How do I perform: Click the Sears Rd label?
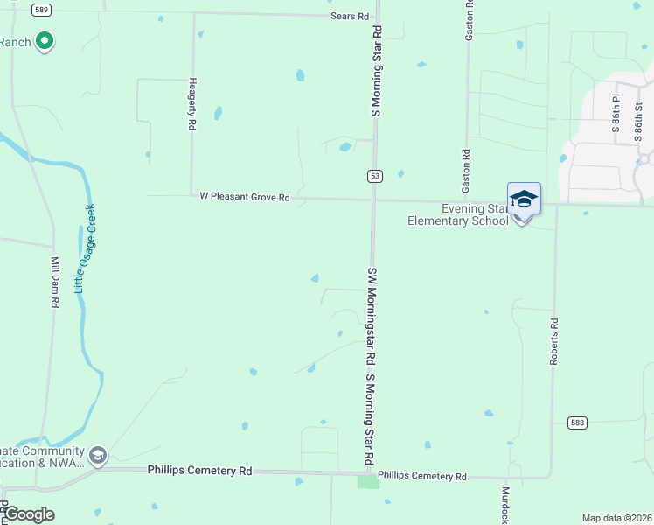pos(350,17)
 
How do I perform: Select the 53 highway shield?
pos(374,176)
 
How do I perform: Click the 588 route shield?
pos(576,423)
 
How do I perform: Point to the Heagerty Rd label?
pos(191,102)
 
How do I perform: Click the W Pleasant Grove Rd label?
pos(244,198)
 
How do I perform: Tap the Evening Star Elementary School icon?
pos(524,199)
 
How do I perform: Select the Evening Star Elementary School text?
pos(458,214)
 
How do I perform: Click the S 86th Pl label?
pos(616,114)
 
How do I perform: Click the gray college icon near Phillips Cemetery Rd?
pos(97,455)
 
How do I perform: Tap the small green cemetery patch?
pos(368,482)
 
